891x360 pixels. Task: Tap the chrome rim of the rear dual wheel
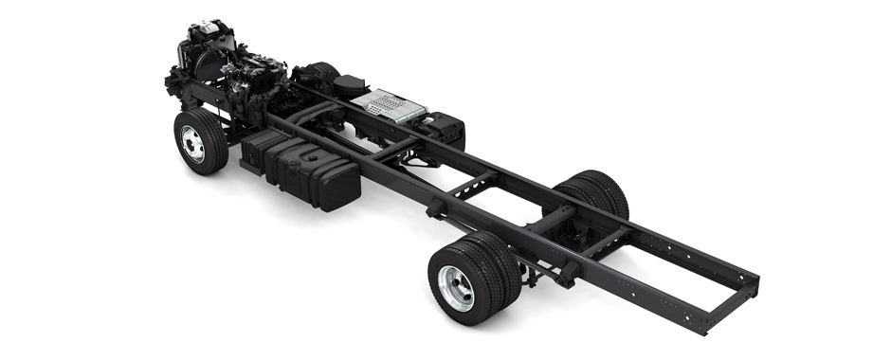455,287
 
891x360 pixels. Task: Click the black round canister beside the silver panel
350,84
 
